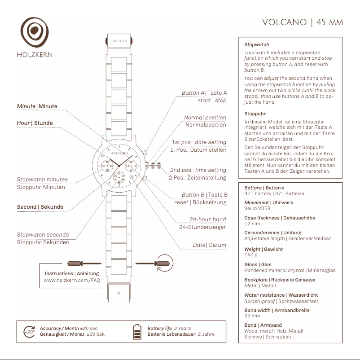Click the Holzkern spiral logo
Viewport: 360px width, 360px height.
[x=35, y=32]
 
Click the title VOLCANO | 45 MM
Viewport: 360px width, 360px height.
[x=303, y=22]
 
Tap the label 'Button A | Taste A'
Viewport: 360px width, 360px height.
[x=204, y=93]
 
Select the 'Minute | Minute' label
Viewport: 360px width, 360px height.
[x=37, y=106]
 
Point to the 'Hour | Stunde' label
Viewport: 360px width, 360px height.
[x=35, y=123]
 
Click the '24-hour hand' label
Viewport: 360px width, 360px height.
[x=208, y=220]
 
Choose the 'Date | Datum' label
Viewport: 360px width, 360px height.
[x=210, y=245]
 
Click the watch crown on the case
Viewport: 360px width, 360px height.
[x=155, y=166]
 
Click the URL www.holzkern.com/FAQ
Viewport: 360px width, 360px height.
[x=72, y=280]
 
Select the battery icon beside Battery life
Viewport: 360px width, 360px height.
[x=137, y=331]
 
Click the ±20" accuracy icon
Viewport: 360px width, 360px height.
[x=29, y=332]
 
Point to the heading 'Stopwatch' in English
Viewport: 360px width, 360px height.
[x=257, y=44]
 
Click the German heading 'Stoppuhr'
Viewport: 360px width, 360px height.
[x=255, y=114]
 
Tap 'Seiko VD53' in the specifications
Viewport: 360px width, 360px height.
[x=257, y=208]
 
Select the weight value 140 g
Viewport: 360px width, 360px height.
[x=251, y=255]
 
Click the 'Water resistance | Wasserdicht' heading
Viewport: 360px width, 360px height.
[x=281, y=295]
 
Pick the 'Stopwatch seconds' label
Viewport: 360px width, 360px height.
[x=43, y=234]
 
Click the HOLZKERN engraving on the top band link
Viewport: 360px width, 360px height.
[x=119, y=41]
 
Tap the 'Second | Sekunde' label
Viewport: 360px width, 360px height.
[x=40, y=207]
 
